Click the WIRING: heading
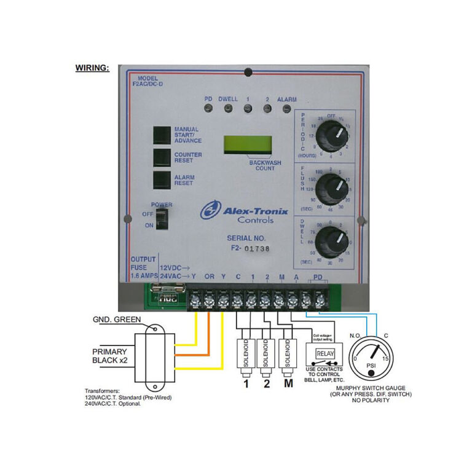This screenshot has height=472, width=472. coord(92,68)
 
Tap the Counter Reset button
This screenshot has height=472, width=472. coord(162,157)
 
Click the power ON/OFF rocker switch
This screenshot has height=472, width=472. coord(162,217)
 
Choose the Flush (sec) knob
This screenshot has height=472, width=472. coord(332,185)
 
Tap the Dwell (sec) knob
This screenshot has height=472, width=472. coord(332,238)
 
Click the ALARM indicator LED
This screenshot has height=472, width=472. coord(286,109)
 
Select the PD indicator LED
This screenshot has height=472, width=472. coord(209,109)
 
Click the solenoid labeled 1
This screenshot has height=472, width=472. coord(246,355)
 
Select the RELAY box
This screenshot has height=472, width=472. coord(324,353)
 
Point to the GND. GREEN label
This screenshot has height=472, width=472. coord(117,319)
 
